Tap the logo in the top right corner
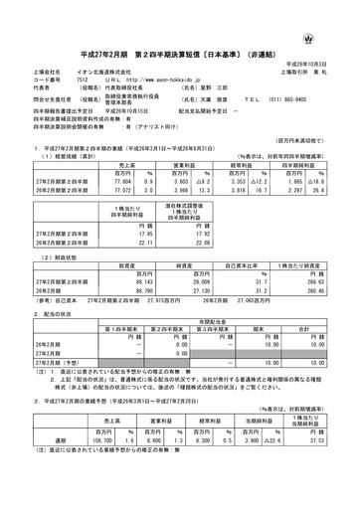(339, 11)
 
